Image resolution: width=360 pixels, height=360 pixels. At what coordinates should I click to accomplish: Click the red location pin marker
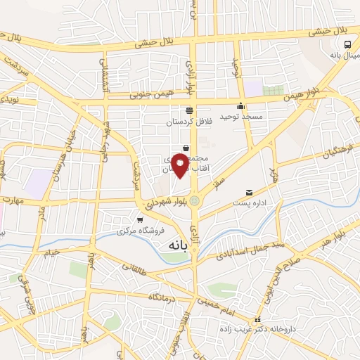(180, 165)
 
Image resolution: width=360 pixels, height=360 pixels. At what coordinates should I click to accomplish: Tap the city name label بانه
(180, 246)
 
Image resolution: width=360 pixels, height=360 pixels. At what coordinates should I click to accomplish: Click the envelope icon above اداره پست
(248, 193)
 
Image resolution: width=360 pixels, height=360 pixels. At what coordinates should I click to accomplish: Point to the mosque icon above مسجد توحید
(241, 107)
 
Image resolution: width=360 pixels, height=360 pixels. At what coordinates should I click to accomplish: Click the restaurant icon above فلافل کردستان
(188, 110)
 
